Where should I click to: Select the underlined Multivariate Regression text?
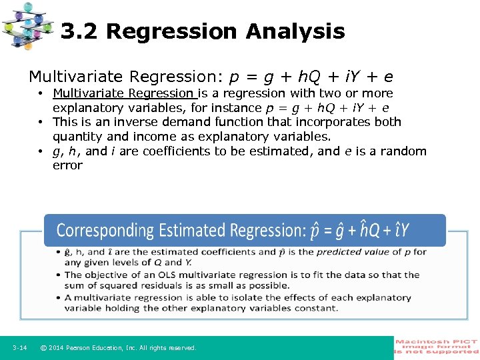(124, 93)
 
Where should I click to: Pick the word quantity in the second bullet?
(77, 137)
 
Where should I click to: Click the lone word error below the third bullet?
(67, 165)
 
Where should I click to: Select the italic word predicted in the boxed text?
(340, 252)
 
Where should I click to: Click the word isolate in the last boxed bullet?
(227, 298)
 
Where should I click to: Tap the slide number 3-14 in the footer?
(19, 348)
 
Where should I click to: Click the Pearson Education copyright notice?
(118, 348)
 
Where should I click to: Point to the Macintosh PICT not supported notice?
(437, 347)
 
